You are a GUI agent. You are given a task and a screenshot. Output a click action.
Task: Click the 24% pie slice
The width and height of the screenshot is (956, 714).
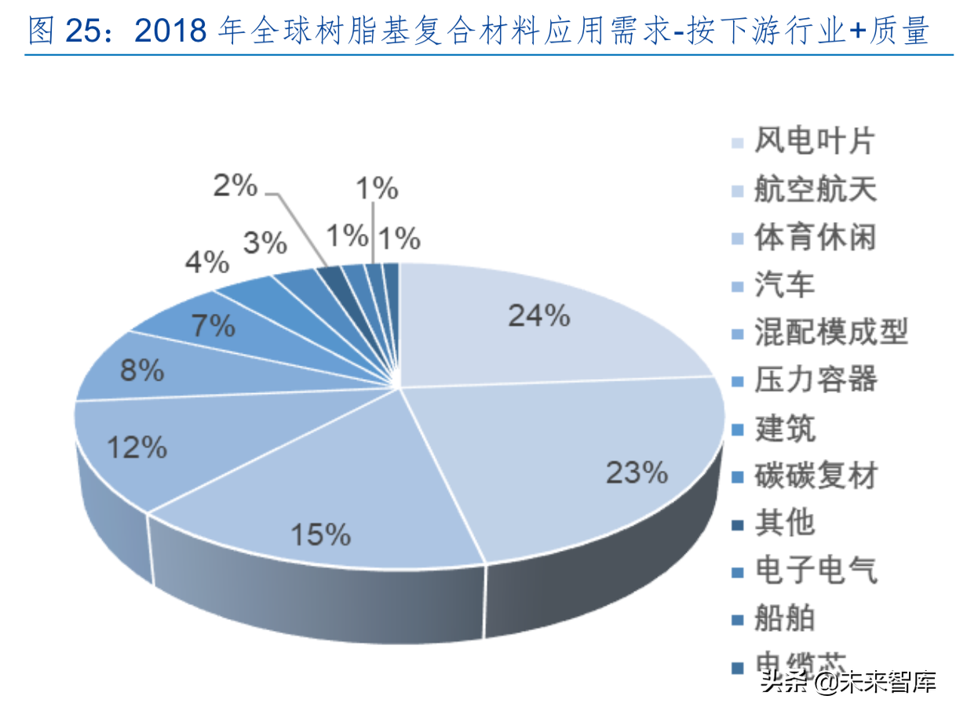coord(542,322)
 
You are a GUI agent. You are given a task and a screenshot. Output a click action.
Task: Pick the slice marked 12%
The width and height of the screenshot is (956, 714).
coord(137,447)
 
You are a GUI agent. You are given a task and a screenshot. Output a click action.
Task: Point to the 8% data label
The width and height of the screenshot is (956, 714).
coord(142,370)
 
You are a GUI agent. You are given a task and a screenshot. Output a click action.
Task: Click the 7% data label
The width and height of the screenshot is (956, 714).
coord(213,325)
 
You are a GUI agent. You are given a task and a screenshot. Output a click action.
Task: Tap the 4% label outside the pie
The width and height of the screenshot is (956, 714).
coord(207,262)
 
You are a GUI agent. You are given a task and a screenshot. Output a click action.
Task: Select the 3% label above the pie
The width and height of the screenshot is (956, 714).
coord(265,242)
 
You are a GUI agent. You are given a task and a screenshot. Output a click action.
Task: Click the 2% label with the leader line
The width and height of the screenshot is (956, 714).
coord(235,187)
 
